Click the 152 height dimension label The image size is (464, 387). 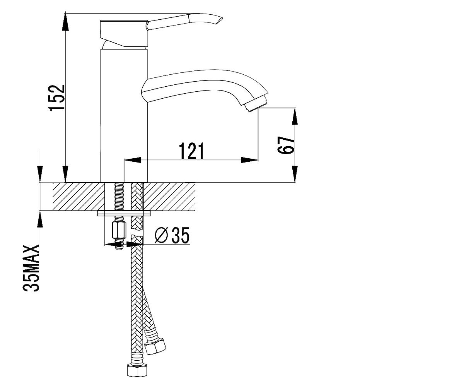(57, 98)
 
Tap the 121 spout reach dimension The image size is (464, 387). (191, 151)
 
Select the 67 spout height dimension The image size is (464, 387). (286, 145)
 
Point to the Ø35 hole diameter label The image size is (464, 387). (172, 235)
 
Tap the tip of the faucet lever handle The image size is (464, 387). (222, 17)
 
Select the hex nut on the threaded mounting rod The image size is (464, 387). (119, 230)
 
